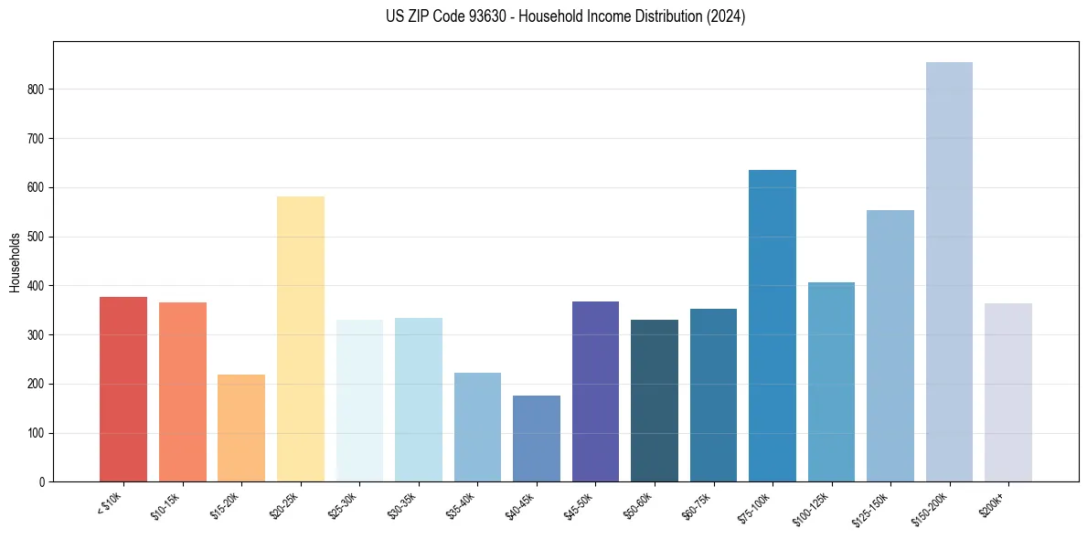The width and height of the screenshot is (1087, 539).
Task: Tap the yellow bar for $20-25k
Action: coord(301,339)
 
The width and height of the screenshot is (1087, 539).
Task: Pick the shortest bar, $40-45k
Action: coord(537,439)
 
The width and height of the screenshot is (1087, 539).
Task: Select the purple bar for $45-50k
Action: coord(595,392)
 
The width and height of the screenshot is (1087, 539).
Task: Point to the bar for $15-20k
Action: coord(241,428)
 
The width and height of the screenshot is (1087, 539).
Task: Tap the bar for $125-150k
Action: coord(890,346)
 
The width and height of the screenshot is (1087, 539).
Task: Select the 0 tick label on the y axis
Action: coord(43,482)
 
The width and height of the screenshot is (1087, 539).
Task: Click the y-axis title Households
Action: coord(15,262)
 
